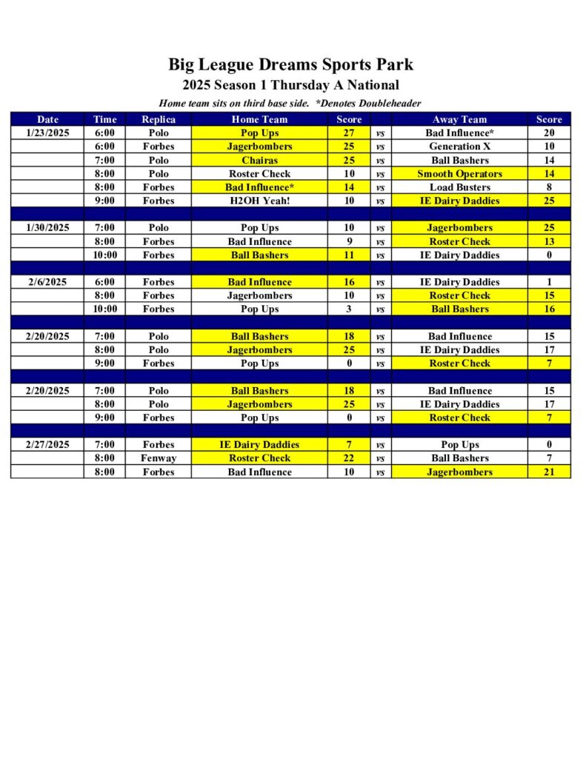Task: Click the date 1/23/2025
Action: click(x=47, y=133)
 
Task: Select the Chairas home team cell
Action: click(x=259, y=160)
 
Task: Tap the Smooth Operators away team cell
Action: click(x=459, y=174)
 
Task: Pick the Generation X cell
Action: click(x=459, y=147)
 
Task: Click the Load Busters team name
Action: click(x=459, y=187)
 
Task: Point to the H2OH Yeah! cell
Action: click(x=259, y=201)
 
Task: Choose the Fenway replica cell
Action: click(x=159, y=458)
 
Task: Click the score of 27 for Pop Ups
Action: click(x=349, y=133)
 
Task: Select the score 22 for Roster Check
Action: click(x=349, y=458)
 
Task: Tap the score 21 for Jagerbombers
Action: click(x=549, y=472)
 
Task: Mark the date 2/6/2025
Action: click(x=47, y=282)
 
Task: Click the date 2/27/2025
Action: click(x=47, y=445)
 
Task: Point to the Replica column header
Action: click(x=159, y=119)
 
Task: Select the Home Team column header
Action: click(x=259, y=119)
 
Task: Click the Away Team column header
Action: click(x=459, y=119)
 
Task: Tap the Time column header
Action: click(x=104, y=119)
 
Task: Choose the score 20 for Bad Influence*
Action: click(x=549, y=133)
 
